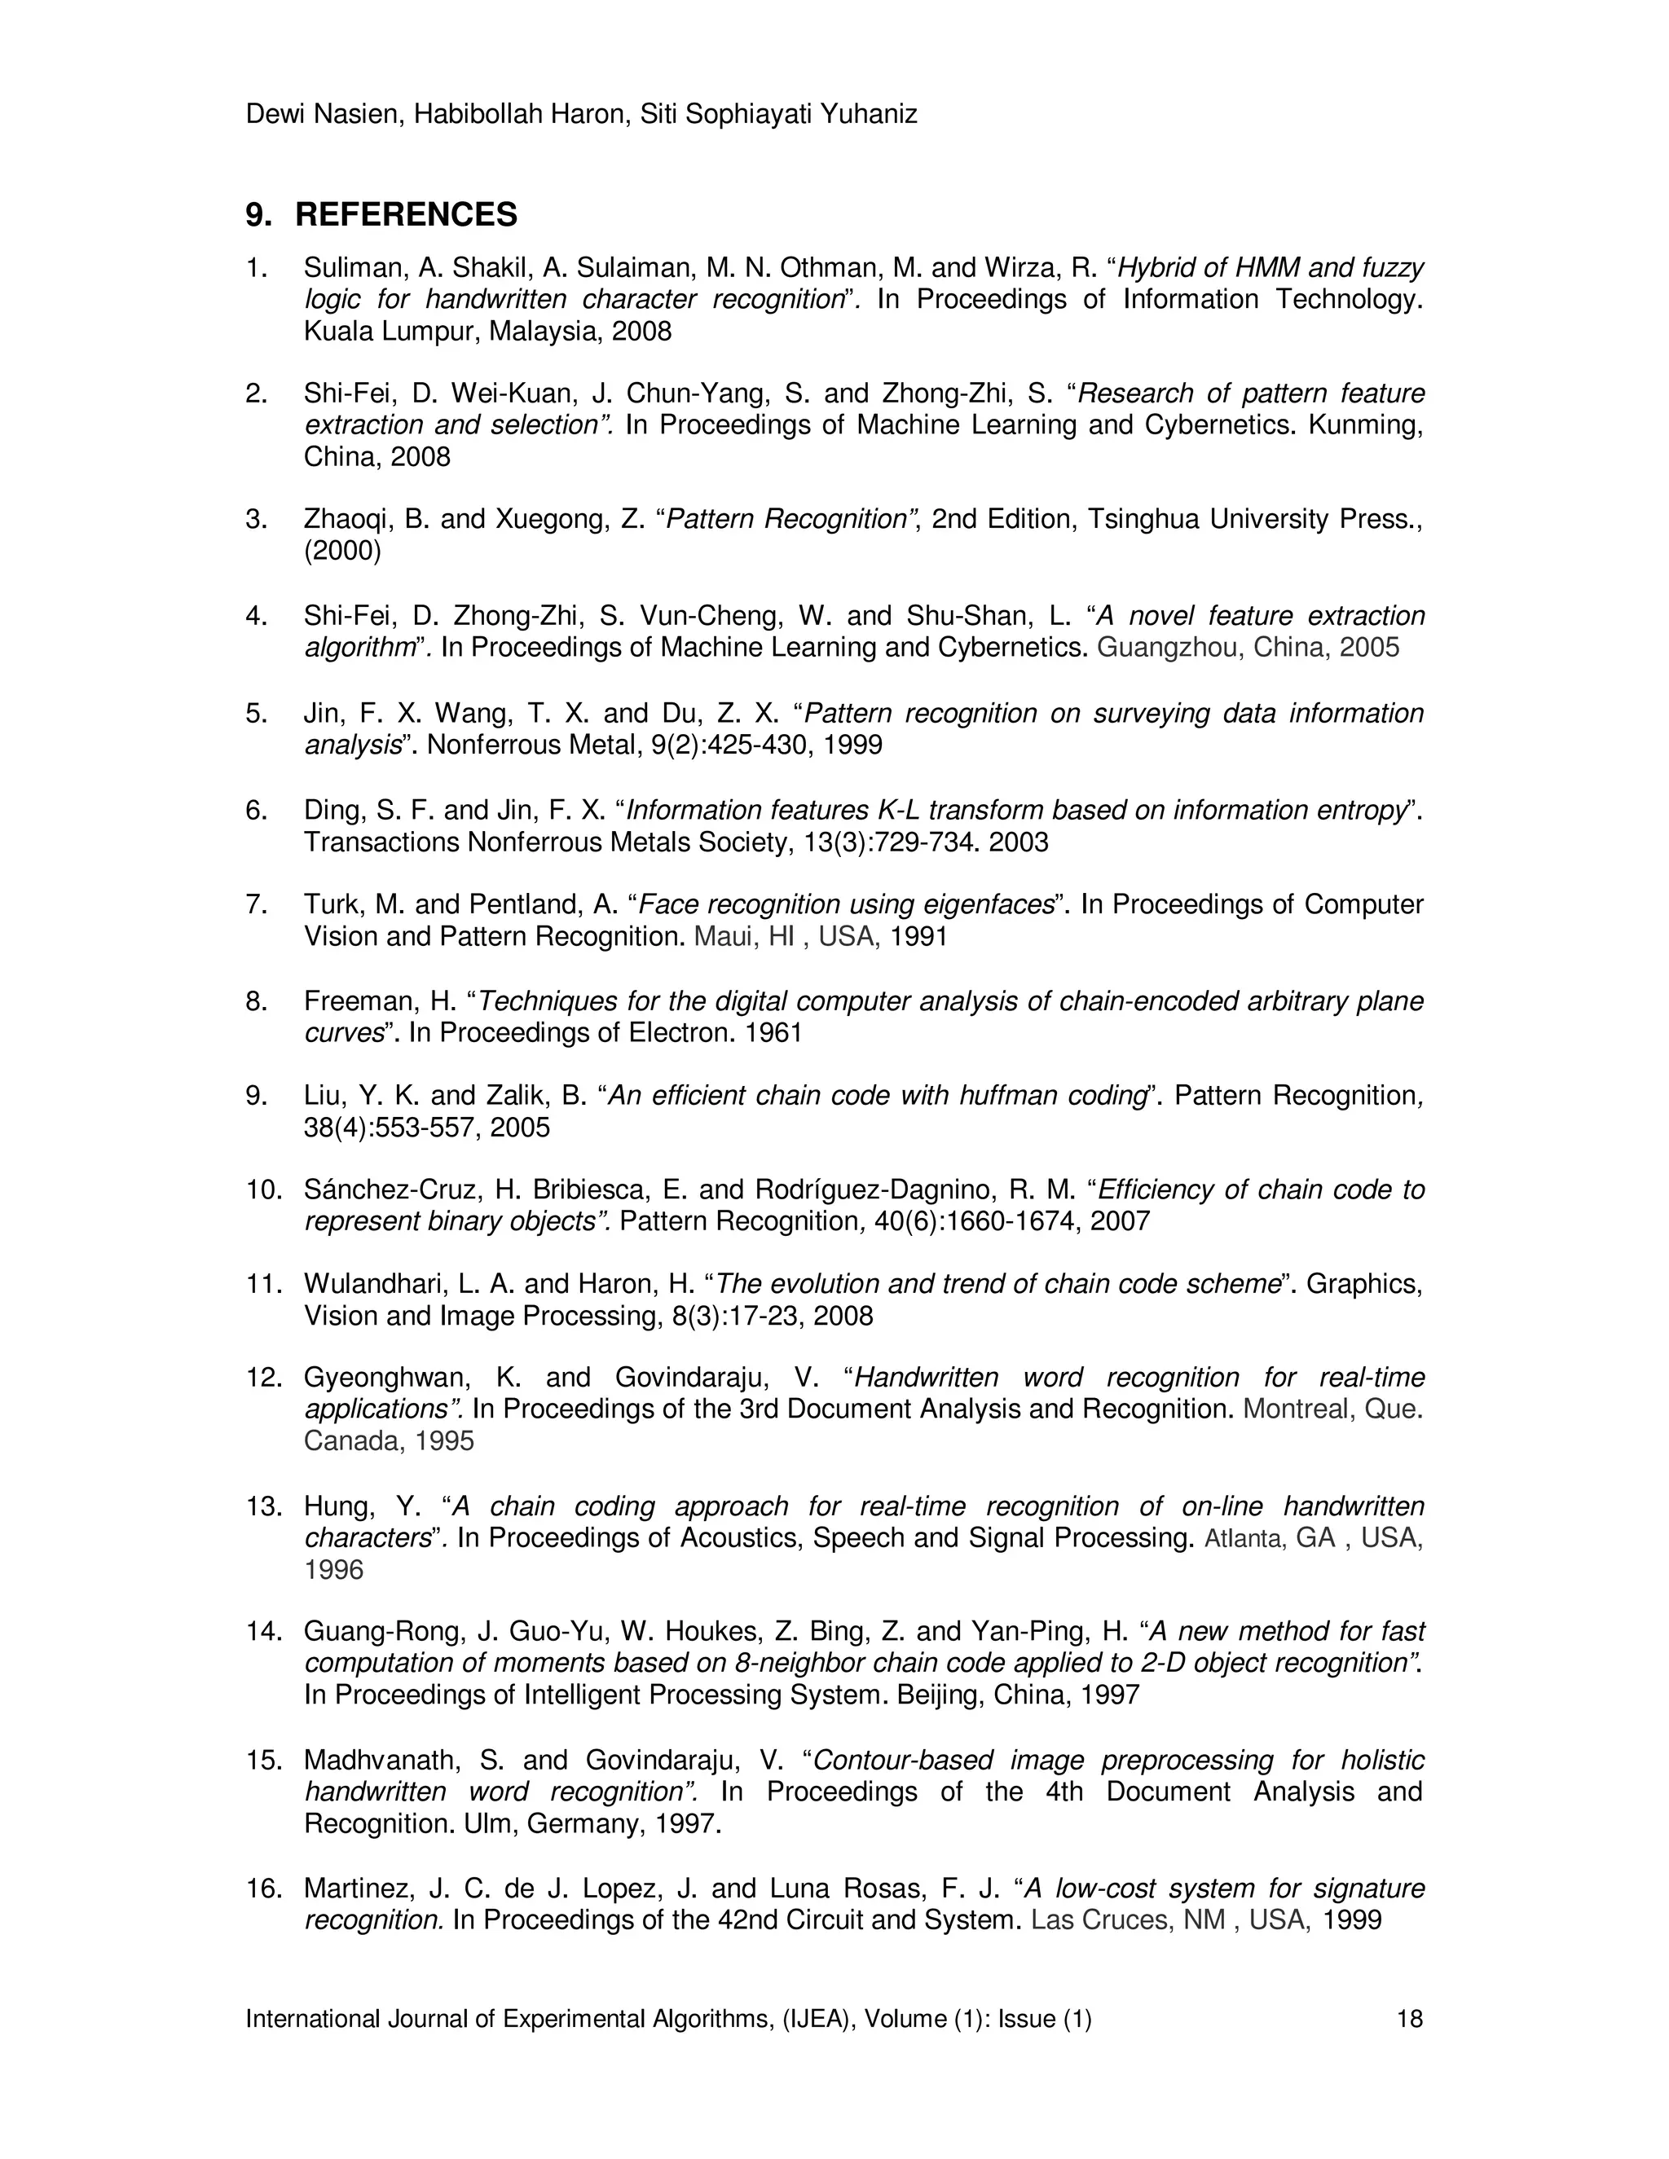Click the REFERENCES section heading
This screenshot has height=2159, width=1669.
[x=405, y=214]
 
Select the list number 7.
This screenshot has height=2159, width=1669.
[x=256, y=904]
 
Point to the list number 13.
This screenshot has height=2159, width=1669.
[x=264, y=1506]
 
